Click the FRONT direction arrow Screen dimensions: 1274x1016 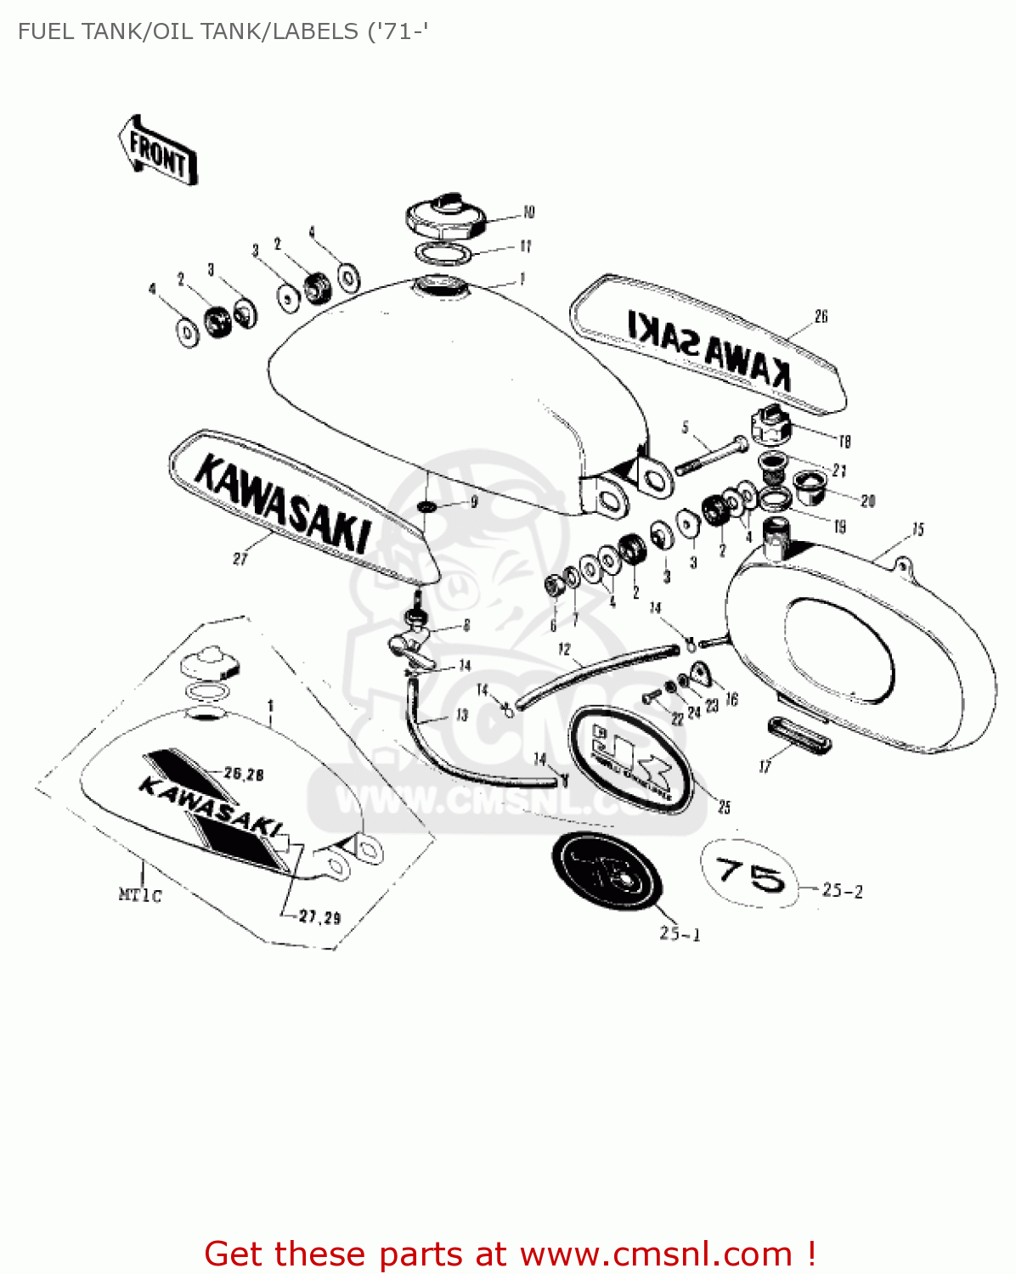coord(158,151)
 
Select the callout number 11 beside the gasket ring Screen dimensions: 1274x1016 coord(526,246)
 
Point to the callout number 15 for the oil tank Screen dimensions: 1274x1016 coord(918,530)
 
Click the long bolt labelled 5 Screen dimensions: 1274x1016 coord(710,454)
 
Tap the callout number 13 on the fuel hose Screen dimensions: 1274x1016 coord(462,715)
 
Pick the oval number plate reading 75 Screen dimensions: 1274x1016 coord(749,874)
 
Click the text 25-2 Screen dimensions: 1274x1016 coord(843,891)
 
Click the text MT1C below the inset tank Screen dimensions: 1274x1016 coord(139,895)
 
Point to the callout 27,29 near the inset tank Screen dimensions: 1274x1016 coord(320,917)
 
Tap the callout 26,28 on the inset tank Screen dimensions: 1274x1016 coord(244,774)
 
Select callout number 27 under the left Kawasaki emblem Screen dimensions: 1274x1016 coord(240,559)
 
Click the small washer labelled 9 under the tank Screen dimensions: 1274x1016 coord(426,507)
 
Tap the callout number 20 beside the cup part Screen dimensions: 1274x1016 coord(867,501)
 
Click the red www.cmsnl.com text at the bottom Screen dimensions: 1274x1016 coord(656,1254)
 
